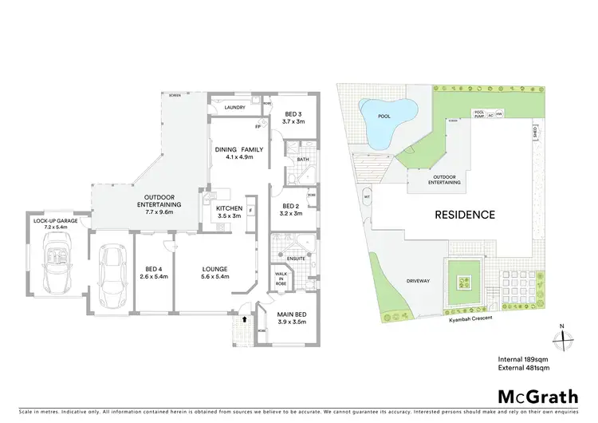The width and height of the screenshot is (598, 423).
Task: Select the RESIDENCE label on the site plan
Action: click(x=465, y=215)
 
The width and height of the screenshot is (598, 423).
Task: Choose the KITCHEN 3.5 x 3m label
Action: click(x=232, y=211)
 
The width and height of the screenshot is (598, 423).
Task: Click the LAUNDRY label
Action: click(x=234, y=106)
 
